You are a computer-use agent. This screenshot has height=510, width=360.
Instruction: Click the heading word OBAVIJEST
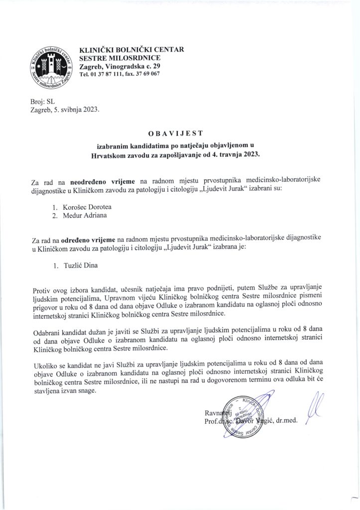coord(179,134)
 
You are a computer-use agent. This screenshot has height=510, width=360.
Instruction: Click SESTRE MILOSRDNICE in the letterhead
coord(118,58)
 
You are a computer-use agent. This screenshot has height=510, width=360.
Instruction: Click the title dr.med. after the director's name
coord(286,420)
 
